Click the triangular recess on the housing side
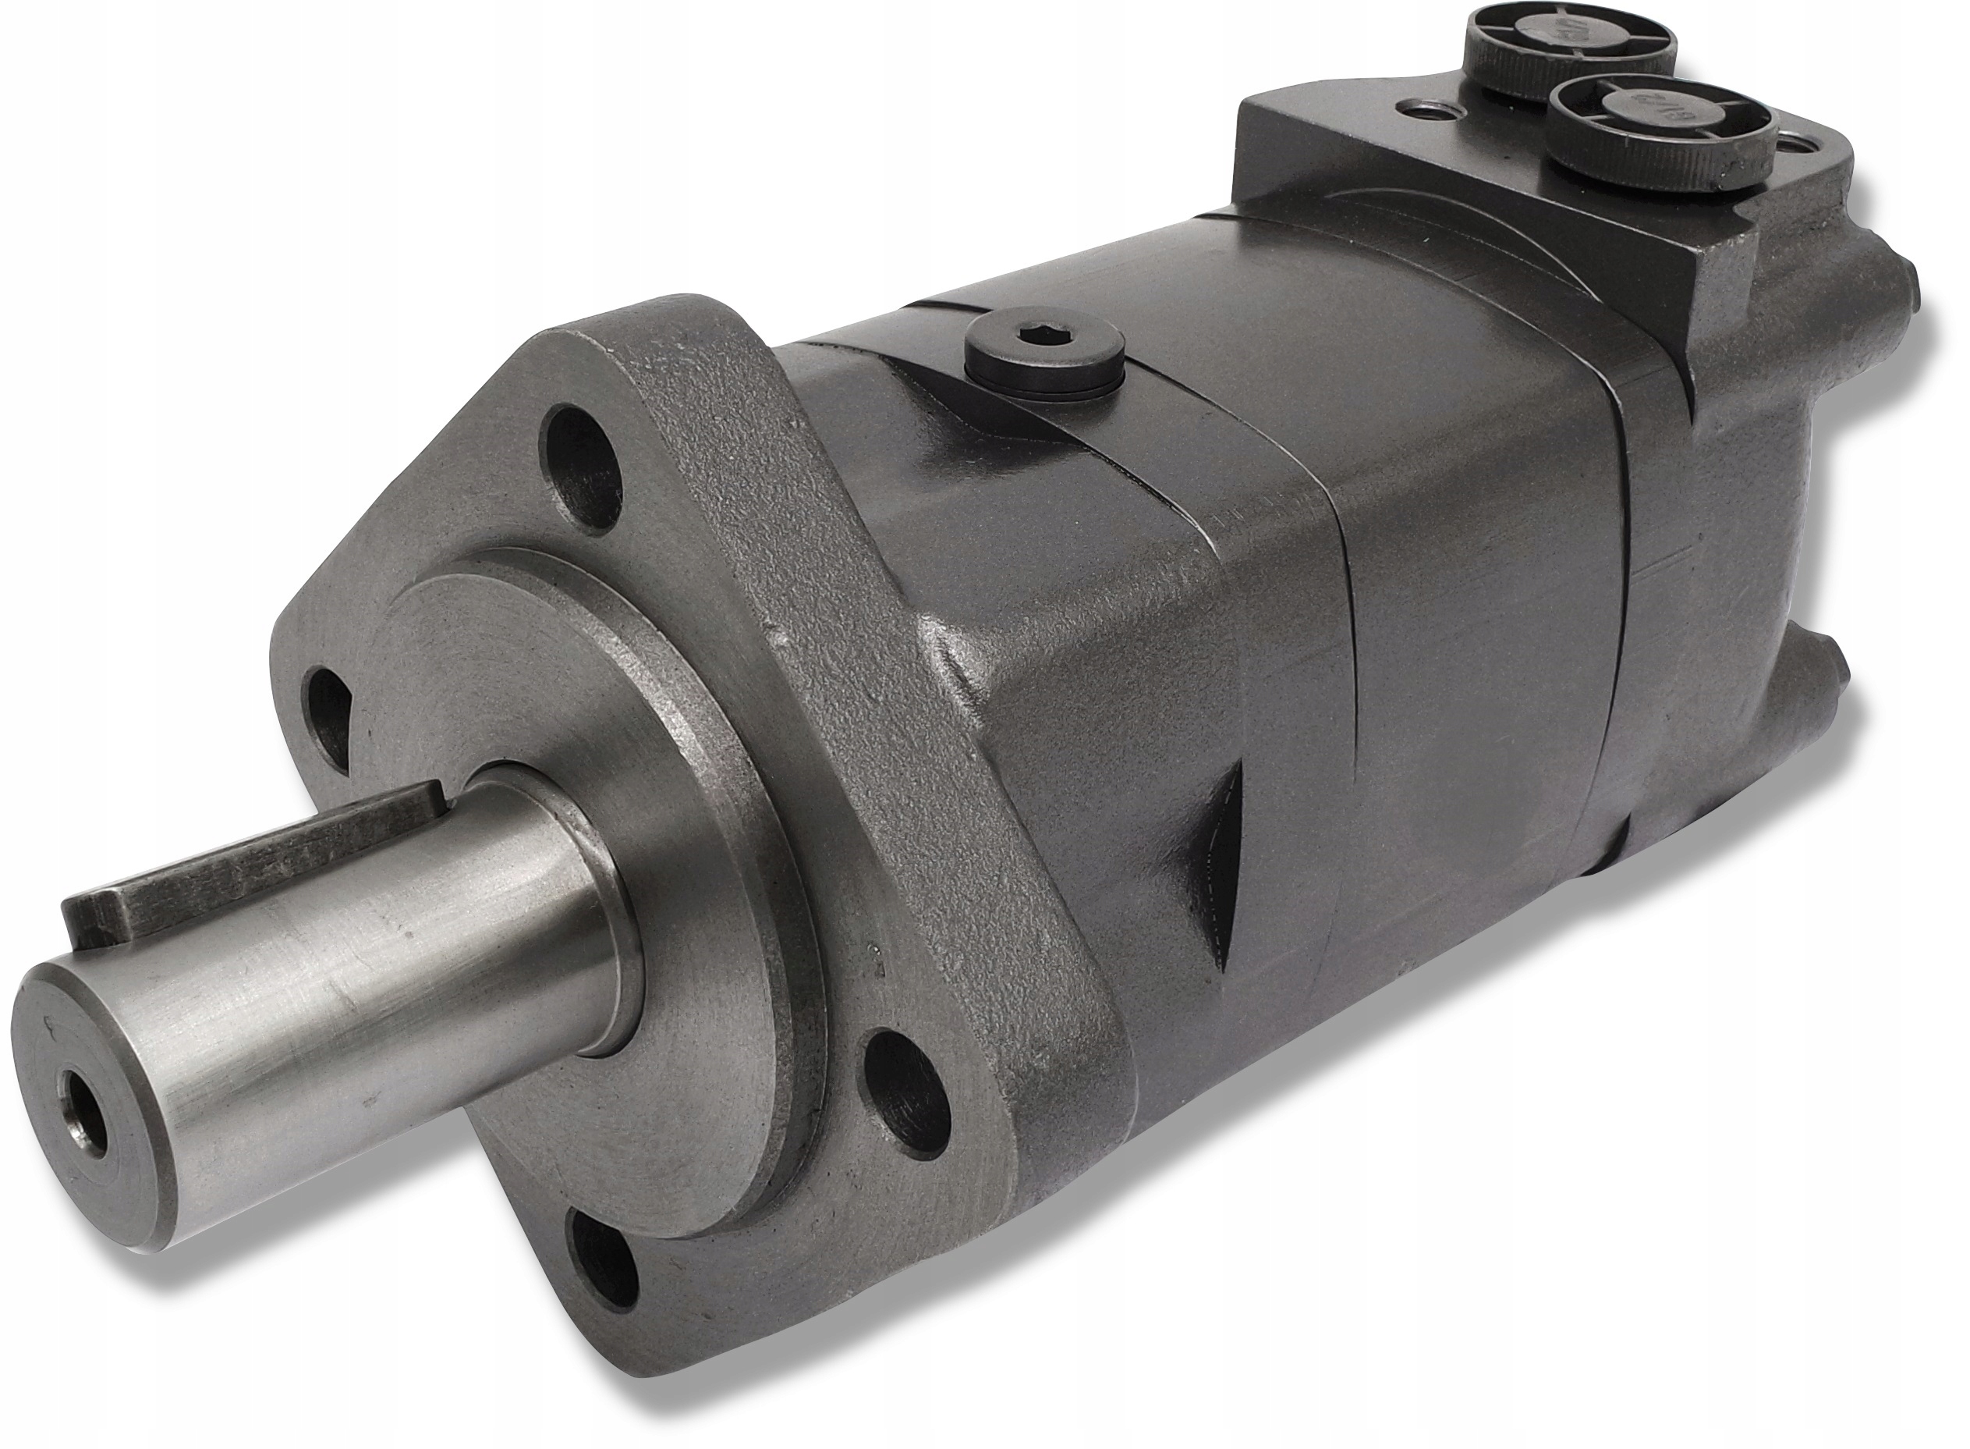tap(1215, 877)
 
